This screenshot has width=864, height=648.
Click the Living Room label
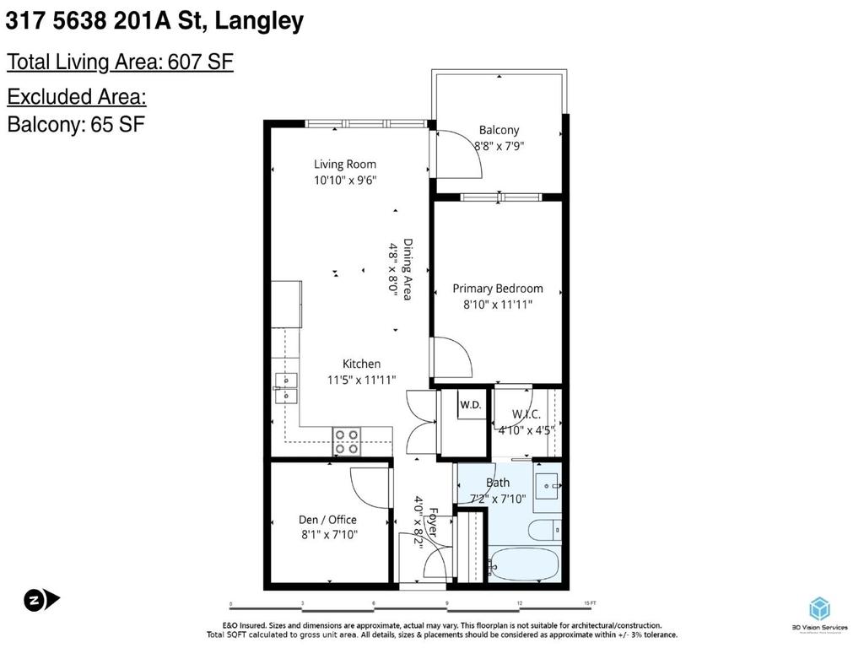pyautogui.click(x=345, y=165)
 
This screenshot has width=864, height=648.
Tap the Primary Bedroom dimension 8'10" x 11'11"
pyautogui.click(x=497, y=305)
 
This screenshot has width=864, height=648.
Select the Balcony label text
pyautogui.click(x=499, y=130)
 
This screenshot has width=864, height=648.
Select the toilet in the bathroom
pyautogui.click(x=540, y=530)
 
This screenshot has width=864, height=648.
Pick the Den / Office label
pyautogui.click(x=327, y=520)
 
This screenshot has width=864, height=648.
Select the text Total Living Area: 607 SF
pyautogui.click(x=120, y=62)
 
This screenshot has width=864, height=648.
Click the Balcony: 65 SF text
pyautogui.click(x=76, y=124)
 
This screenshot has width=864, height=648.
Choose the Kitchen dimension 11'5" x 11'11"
pyautogui.click(x=361, y=380)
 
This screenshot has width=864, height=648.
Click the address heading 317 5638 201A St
pyautogui.click(x=155, y=21)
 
